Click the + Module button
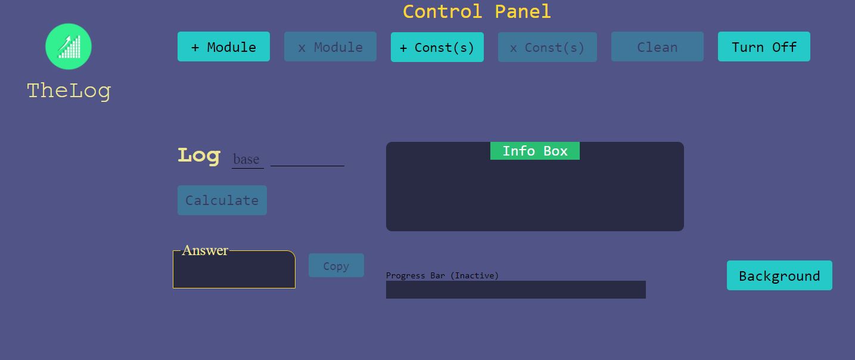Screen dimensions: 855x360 (x=223, y=46)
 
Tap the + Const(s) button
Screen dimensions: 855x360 (x=437, y=47)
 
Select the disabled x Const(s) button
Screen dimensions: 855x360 (x=547, y=47)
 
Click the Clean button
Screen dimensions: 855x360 (x=657, y=46)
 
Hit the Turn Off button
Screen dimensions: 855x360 (x=764, y=46)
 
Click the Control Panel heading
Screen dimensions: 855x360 (x=477, y=11)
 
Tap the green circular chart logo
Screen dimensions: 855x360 (x=69, y=46)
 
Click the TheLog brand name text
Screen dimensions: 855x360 (x=69, y=91)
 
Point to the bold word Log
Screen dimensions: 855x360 (x=199, y=155)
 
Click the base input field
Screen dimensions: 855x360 (x=247, y=159)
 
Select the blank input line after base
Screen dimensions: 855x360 (x=307, y=159)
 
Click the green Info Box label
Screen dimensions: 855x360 (x=534, y=151)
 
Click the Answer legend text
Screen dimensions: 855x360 (x=205, y=250)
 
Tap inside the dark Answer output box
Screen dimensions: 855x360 (x=234, y=272)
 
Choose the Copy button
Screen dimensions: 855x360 (x=336, y=265)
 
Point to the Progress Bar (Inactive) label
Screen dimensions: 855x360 (x=442, y=275)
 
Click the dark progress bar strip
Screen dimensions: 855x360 (x=515, y=290)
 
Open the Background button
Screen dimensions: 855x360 (x=779, y=275)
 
